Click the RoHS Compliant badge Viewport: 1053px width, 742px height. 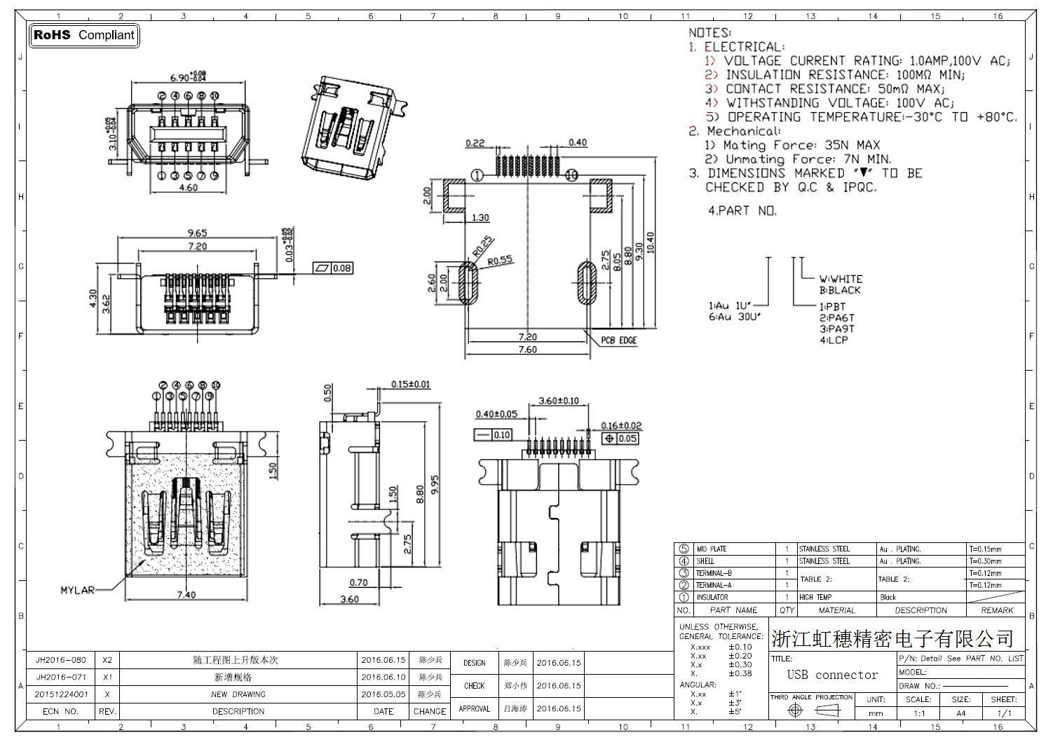(x=84, y=35)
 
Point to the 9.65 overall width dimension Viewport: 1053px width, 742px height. (x=197, y=233)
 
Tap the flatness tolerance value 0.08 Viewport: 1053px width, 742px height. (x=342, y=268)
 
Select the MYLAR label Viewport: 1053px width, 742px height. (x=76, y=591)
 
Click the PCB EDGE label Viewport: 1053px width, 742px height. (x=618, y=341)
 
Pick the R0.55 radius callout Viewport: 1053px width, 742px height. (x=501, y=260)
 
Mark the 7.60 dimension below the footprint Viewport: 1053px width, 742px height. (x=527, y=350)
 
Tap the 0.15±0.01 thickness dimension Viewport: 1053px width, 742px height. (x=411, y=385)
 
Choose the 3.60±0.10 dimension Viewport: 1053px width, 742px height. (x=558, y=401)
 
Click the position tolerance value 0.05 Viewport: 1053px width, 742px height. (x=627, y=439)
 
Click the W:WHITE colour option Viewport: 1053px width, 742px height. (x=841, y=279)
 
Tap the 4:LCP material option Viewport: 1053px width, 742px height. (x=834, y=340)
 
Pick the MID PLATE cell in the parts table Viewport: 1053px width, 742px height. (x=711, y=549)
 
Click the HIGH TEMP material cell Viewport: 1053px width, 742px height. (x=815, y=598)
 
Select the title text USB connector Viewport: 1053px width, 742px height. (x=832, y=675)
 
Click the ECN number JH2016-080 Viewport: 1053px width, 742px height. (x=61, y=660)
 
